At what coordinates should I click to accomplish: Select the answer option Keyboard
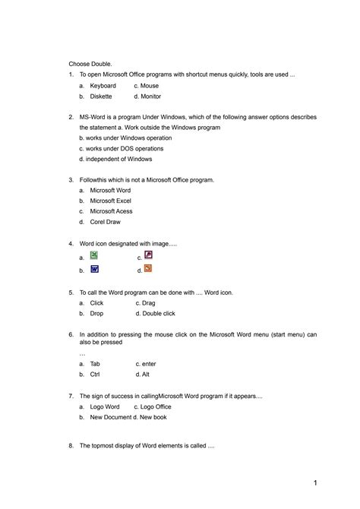pyautogui.click(x=103, y=86)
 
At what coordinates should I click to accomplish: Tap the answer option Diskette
pyautogui.click(x=101, y=96)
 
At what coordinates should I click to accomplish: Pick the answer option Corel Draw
pyautogui.click(x=106, y=222)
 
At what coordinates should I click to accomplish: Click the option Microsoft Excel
pyautogui.click(x=111, y=201)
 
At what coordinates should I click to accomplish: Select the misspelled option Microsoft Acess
pyautogui.click(x=111, y=211)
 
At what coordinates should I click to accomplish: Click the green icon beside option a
pyautogui.click(x=93, y=255)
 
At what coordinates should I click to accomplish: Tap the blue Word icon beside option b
pyautogui.click(x=93, y=269)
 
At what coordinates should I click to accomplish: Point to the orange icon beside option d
pyautogui.click(x=148, y=268)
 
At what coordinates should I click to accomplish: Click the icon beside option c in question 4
pyautogui.click(x=148, y=255)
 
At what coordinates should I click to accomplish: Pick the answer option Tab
pyautogui.click(x=95, y=364)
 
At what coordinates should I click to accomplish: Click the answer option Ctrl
pyautogui.click(x=95, y=375)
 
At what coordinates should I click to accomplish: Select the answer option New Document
pyautogui.click(x=111, y=417)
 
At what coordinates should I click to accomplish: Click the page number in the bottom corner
pyautogui.click(x=314, y=483)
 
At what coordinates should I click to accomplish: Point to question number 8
pyautogui.click(x=70, y=446)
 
